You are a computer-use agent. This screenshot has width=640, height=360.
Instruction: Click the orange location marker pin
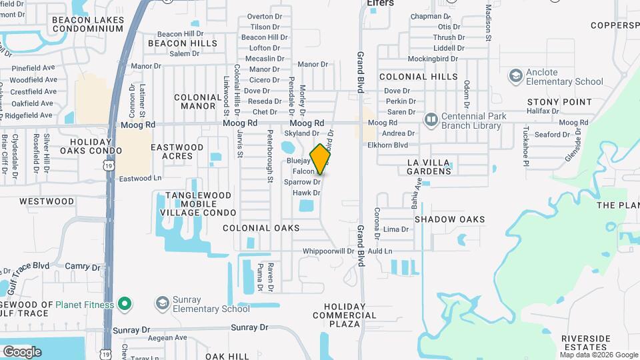tap(321, 159)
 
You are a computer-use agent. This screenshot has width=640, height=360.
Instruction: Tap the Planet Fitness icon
tap(123, 305)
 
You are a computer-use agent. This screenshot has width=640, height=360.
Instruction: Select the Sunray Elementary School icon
tap(162, 304)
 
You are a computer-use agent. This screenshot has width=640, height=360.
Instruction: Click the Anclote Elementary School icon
tap(515, 77)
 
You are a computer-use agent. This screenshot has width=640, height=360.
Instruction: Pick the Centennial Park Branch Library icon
tap(431, 120)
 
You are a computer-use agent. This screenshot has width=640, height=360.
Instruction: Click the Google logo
tap(22, 351)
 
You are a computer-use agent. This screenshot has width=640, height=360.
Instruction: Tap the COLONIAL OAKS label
tap(261, 228)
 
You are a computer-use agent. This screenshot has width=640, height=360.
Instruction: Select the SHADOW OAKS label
tap(449, 219)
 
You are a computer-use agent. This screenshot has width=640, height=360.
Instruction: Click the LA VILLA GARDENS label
tap(429, 167)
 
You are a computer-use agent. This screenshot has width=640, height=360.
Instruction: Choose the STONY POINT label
tap(559, 102)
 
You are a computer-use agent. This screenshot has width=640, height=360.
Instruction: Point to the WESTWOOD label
tap(47, 201)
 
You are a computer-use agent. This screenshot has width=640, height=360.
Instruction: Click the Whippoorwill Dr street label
tap(328, 251)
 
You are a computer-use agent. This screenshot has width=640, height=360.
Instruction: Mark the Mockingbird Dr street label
tap(433, 59)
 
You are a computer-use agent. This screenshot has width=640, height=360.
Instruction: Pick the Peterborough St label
tap(271, 165)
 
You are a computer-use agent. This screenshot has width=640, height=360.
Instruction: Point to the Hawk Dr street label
tap(307, 193)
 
